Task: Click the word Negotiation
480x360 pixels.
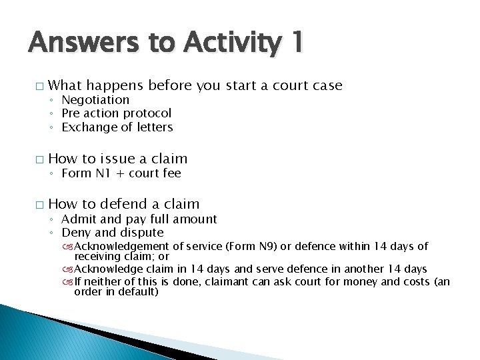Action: coord(95,100)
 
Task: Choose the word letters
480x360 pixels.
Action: coord(152,127)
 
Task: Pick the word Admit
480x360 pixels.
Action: coord(79,219)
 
